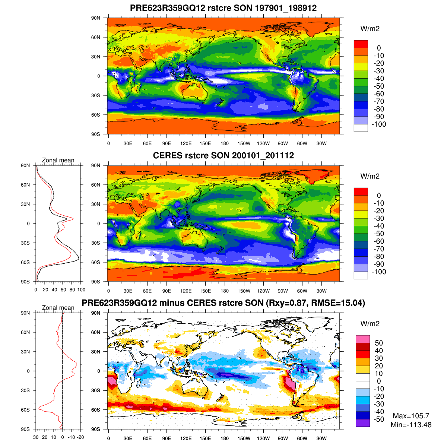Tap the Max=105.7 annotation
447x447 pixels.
(x=411, y=416)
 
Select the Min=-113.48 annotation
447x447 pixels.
(x=411, y=425)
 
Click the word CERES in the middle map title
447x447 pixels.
(x=168, y=156)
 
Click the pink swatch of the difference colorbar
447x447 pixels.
(x=363, y=339)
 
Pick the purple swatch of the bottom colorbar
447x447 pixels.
(x=363, y=423)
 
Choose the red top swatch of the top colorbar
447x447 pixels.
(x=361, y=44)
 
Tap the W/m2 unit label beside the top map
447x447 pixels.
(x=370, y=29)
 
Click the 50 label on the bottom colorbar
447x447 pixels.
(x=379, y=343)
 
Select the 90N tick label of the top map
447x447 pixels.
(x=96, y=18)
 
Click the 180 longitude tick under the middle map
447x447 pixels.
(x=225, y=291)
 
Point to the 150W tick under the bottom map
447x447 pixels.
(x=244, y=438)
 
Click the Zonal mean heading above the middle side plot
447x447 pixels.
(x=58, y=160)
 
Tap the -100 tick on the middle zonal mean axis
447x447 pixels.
(x=81, y=290)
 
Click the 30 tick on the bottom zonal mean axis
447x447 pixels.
(x=36, y=437)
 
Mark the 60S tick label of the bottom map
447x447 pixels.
(x=96, y=410)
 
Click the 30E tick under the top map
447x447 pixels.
(x=128, y=143)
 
